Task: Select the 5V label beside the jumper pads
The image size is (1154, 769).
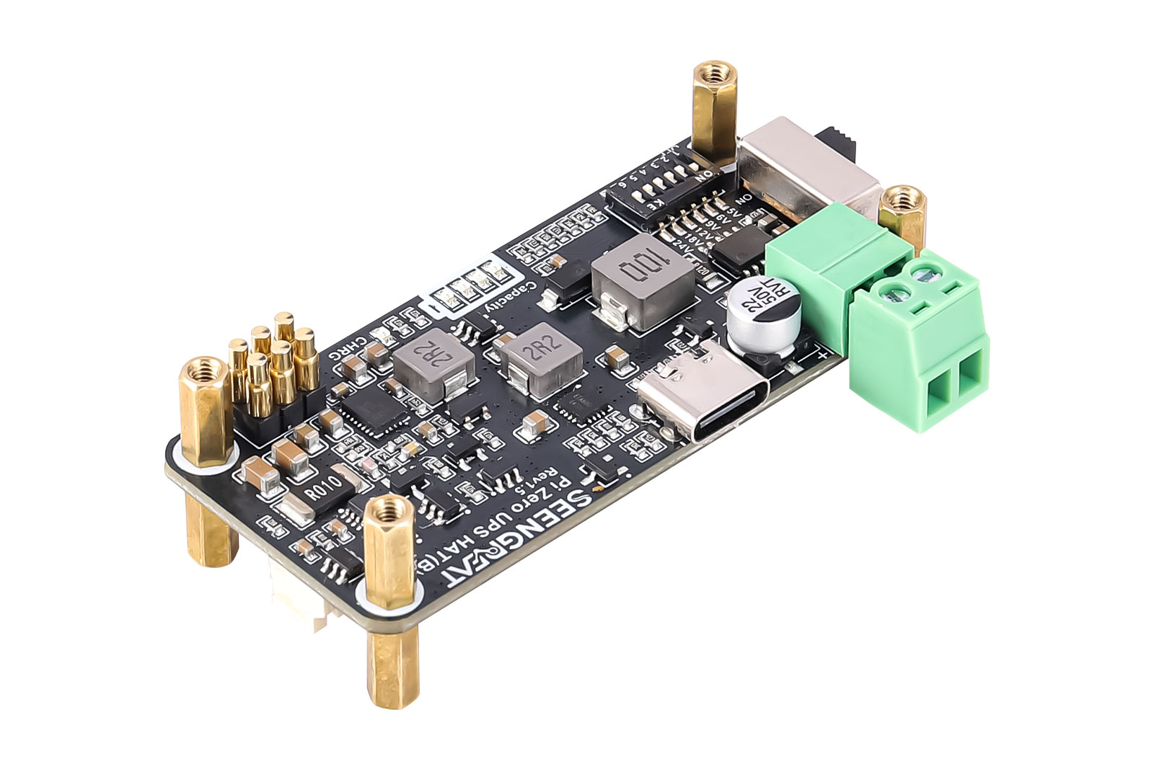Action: (732, 213)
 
